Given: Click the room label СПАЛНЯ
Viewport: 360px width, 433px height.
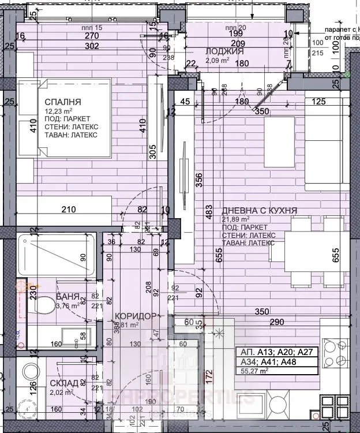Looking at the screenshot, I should [x=63, y=102].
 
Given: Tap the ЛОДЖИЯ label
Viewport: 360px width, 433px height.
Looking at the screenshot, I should [x=224, y=51].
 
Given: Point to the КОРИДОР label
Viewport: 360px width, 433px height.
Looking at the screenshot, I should [x=135, y=316].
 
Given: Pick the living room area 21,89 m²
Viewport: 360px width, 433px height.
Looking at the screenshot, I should [x=236, y=219].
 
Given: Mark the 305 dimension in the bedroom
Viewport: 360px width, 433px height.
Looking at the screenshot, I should [x=152, y=151].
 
